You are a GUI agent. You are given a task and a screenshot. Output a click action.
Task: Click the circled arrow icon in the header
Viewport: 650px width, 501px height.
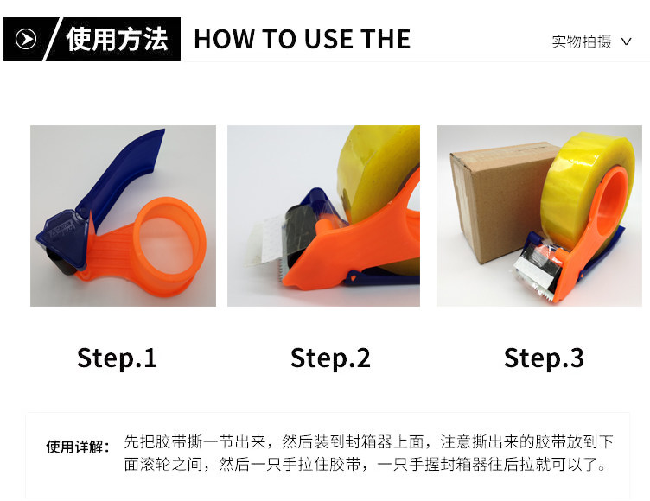coord(26,39)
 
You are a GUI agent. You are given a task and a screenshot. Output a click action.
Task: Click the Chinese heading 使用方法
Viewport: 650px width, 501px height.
coord(117,40)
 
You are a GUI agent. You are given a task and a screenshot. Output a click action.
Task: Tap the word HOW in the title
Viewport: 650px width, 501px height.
coord(224,40)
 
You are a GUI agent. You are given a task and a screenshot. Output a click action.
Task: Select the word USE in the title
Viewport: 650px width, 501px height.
coord(328,40)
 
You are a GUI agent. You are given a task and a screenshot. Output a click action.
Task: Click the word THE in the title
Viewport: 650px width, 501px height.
coord(386,40)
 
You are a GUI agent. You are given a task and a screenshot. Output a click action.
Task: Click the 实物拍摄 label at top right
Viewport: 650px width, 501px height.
coord(582,41)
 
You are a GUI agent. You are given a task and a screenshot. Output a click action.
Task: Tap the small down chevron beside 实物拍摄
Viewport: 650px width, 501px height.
coord(627,41)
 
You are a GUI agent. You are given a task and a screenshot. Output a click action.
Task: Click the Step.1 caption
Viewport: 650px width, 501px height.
coord(117,358)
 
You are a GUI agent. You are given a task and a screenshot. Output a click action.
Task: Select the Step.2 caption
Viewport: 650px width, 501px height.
coord(330,358)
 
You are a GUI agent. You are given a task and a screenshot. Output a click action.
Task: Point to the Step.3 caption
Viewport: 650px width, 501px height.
coord(544,358)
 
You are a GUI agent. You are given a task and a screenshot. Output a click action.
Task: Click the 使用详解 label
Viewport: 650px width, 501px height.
coord(78,447)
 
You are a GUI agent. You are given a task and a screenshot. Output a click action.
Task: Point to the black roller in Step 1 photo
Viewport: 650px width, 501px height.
coord(61,262)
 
